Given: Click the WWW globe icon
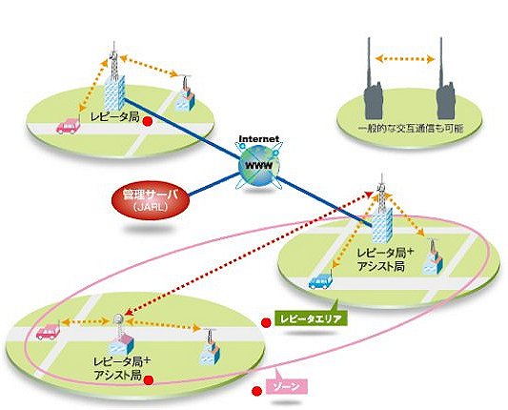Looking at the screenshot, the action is [258, 166].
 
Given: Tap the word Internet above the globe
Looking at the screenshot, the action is [259, 139].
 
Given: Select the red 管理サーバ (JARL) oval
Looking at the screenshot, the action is [151, 199].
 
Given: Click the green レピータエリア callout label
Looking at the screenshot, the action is [311, 319].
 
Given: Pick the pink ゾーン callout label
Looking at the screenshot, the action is [286, 387].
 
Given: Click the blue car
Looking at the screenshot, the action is [320, 280].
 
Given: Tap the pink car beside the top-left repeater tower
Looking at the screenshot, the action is [68, 126].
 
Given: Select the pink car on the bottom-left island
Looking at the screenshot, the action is [48, 332].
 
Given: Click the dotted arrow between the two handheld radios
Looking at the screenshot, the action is [405, 59].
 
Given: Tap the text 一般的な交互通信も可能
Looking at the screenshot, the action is [411, 129].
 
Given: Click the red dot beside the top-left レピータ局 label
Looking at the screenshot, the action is [148, 121].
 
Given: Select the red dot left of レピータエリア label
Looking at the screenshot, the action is [266, 322].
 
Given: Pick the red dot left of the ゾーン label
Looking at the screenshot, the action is [257, 391].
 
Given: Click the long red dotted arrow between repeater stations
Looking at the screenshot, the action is [249, 253].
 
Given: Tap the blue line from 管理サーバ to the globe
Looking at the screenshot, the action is [214, 184].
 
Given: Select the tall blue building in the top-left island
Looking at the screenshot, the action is [114, 93].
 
